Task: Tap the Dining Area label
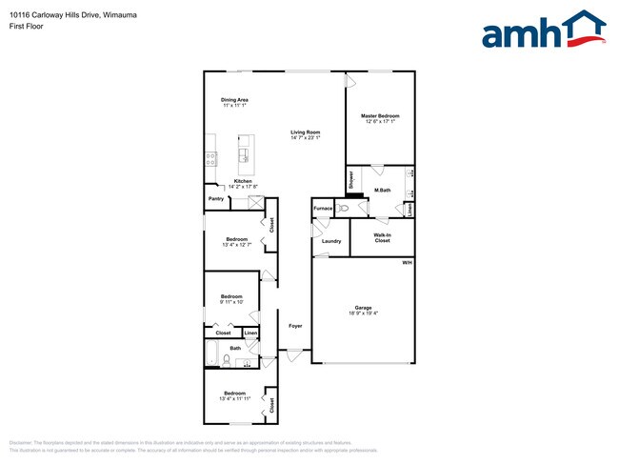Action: (234, 100)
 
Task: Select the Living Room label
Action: (305, 132)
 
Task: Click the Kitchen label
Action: (243, 181)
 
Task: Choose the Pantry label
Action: (216, 199)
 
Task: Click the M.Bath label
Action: (383, 192)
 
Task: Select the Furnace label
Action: (323, 208)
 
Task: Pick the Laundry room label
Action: (331, 241)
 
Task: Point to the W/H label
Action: (407, 262)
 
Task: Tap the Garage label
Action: (363, 308)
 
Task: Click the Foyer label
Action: (295, 326)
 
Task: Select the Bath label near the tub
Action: (235, 349)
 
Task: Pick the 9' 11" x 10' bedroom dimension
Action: (231, 302)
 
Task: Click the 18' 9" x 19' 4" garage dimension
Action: (363, 313)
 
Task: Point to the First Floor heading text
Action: (28, 26)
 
